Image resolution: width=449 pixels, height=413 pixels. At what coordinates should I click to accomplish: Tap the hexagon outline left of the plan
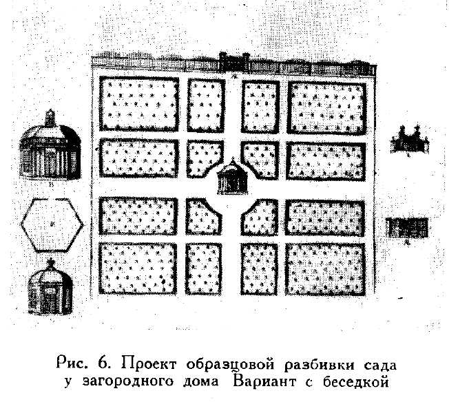pyautogui.click(x=52, y=224)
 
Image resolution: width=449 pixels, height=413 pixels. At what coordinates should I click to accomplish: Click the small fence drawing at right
pyautogui.click(x=408, y=228)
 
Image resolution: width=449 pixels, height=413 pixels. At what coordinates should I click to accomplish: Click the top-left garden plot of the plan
pyautogui.click(x=139, y=104)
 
